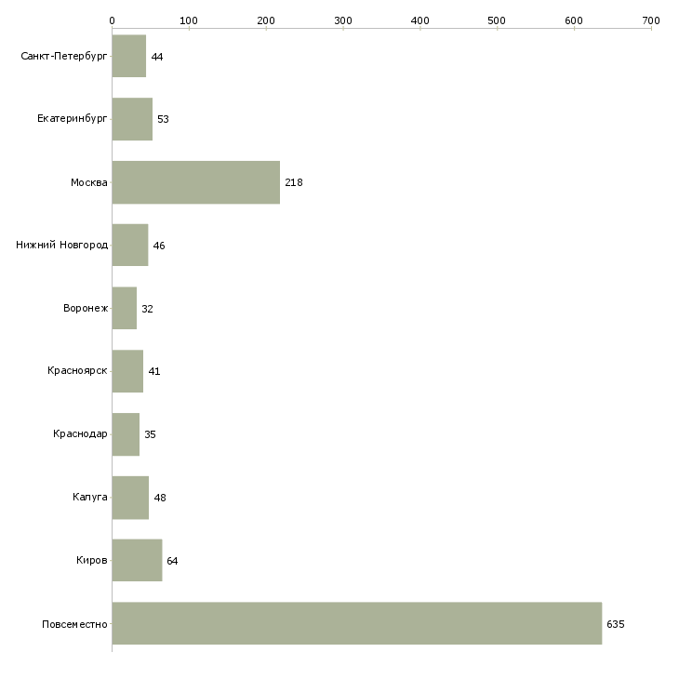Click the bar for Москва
tap(195, 182)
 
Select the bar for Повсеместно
tap(356, 623)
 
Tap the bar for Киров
tap(137, 560)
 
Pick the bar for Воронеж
tap(125, 308)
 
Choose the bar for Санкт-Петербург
tap(129, 57)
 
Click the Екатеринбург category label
tap(73, 119)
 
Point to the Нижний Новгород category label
tap(62, 246)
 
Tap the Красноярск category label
tap(78, 371)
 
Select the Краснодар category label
tap(81, 434)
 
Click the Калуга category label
tap(90, 498)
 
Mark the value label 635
tap(615, 624)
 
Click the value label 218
tap(294, 182)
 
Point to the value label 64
tap(172, 561)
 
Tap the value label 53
tap(163, 120)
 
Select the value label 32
tap(147, 309)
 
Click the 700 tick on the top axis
tap(650, 20)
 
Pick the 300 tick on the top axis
tap(343, 20)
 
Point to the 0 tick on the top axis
tap(112, 20)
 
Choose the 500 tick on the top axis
tap(497, 20)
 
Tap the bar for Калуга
tap(130, 498)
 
